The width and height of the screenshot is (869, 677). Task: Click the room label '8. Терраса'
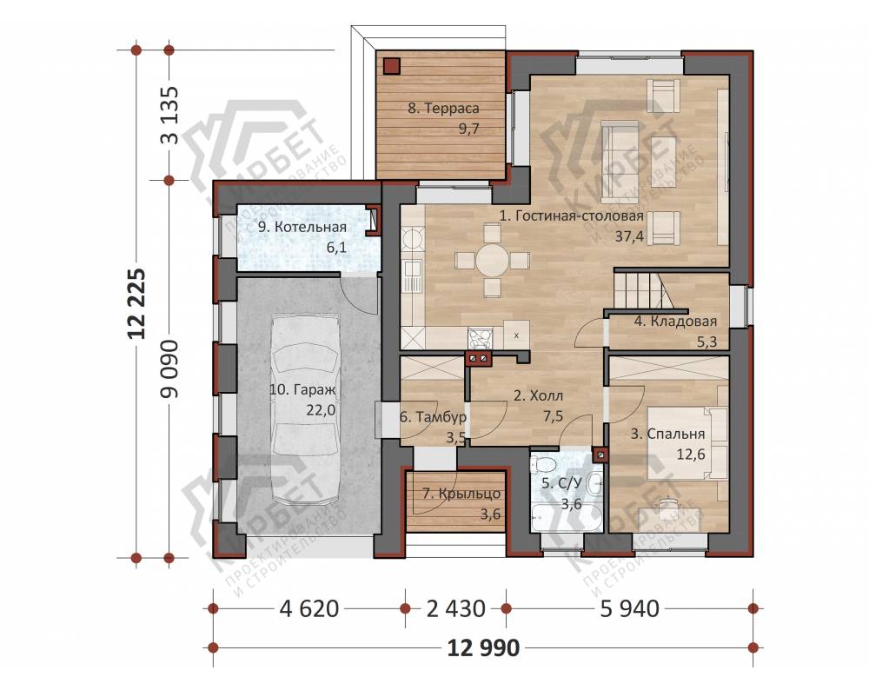click(x=443, y=109)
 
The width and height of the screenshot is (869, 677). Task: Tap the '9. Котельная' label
click(x=302, y=227)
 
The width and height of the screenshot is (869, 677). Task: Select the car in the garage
click(x=306, y=409)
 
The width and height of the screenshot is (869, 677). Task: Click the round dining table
click(x=492, y=259)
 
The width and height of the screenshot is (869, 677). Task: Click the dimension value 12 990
click(x=484, y=647)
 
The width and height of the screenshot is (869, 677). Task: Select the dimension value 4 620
click(x=309, y=609)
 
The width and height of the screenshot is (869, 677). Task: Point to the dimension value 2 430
click(x=455, y=609)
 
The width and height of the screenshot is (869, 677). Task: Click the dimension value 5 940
click(x=629, y=609)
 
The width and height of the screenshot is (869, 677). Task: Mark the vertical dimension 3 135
click(x=169, y=116)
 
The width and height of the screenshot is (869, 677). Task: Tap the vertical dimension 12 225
click(x=136, y=304)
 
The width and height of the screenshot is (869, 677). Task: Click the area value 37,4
click(x=629, y=236)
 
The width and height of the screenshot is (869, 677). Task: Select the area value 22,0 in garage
click(x=321, y=410)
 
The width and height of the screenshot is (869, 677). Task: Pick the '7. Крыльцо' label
click(x=461, y=494)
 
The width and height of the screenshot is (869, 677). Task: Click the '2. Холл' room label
click(x=538, y=396)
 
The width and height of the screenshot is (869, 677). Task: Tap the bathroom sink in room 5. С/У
click(x=594, y=483)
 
